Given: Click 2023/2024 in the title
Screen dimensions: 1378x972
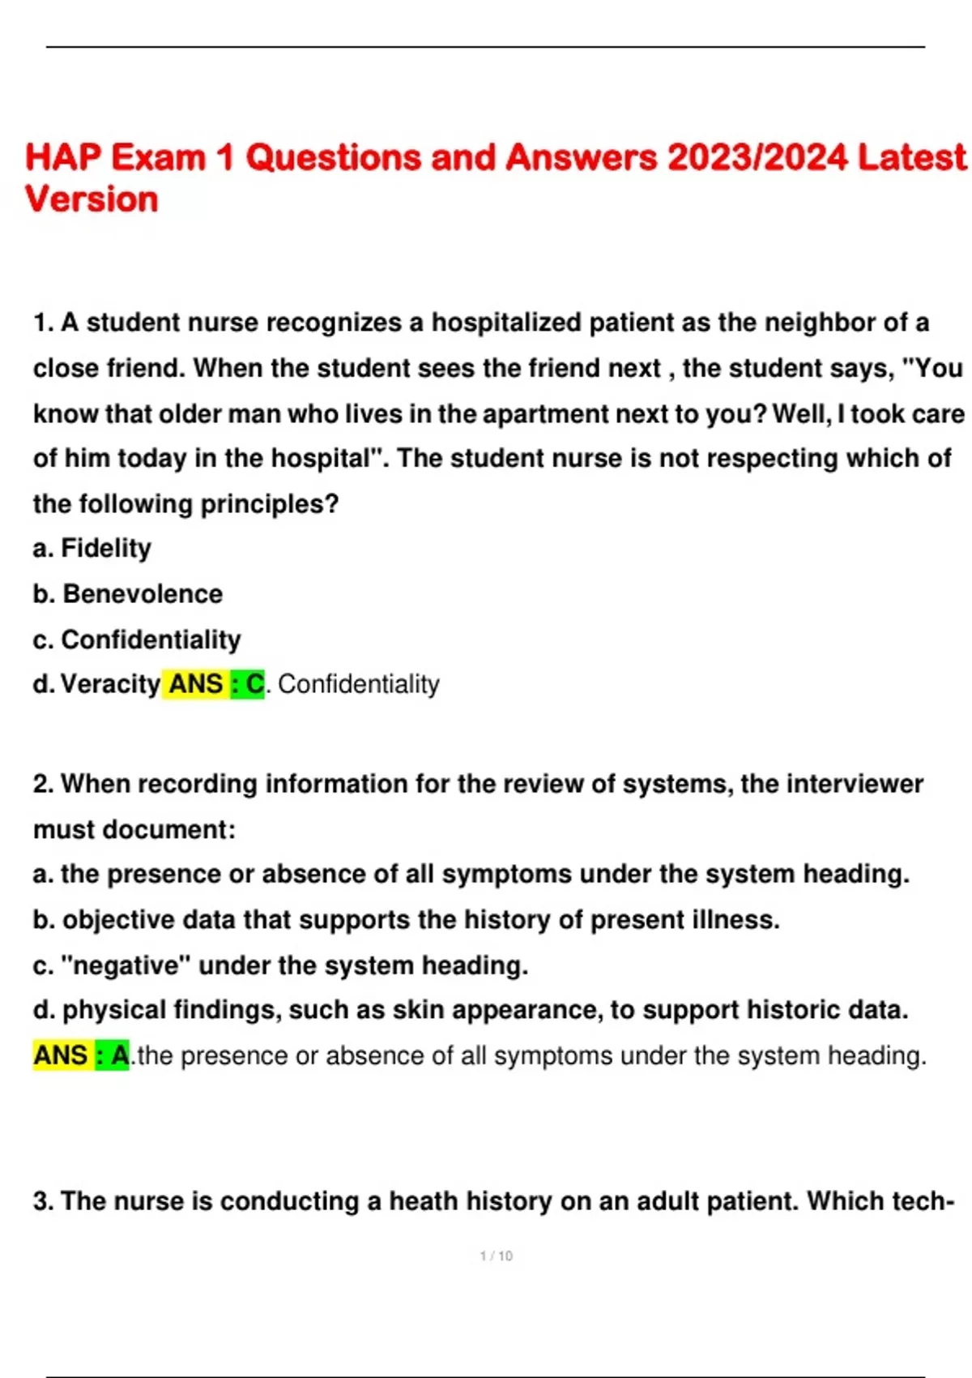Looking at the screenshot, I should [x=757, y=157].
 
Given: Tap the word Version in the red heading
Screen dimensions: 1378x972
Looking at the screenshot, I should [x=92, y=199].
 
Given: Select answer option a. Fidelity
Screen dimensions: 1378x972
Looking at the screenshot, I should [x=92, y=549].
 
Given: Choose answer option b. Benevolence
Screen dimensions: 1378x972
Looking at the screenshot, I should [x=127, y=594].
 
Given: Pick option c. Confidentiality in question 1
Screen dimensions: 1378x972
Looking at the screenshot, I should [x=137, y=640].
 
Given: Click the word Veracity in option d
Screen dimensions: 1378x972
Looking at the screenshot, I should [x=110, y=684].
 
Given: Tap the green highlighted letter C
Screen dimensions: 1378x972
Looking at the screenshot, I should [x=254, y=684].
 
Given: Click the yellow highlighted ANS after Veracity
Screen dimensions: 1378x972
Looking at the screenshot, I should [x=195, y=684].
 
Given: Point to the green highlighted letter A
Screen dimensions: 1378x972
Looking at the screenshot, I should [x=119, y=1055].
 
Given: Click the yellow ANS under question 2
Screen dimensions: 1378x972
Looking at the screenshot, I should [x=61, y=1055].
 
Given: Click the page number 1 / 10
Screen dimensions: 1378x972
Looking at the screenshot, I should [x=496, y=1256].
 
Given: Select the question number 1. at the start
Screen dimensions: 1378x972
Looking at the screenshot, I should [x=44, y=323].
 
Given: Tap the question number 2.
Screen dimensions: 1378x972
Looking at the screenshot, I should [x=44, y=784].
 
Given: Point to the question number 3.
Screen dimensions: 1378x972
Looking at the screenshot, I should [x=44, y=1200].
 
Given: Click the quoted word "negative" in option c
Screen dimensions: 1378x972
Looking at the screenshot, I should [x=126, y=965].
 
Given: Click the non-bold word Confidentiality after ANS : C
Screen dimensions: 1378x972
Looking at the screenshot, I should [x=358, y=684].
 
